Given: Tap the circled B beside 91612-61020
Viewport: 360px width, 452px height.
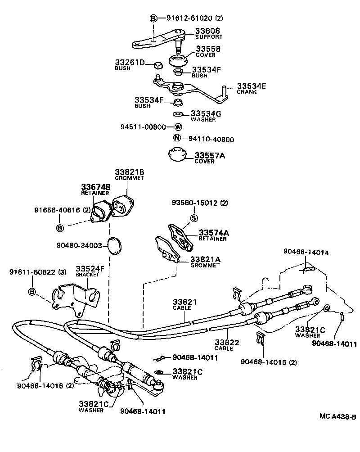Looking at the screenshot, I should pos(153,18).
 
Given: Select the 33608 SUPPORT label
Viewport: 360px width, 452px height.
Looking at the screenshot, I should pos(207,33).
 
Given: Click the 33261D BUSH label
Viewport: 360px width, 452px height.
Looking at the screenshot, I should pos(129,65).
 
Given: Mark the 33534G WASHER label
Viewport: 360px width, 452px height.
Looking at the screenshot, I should pos(206,116).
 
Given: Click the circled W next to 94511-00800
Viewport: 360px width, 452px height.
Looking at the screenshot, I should pos(178,127).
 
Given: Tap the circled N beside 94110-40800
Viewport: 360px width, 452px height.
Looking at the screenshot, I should pos(177,139).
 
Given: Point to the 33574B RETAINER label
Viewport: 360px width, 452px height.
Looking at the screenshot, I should pos(95,189).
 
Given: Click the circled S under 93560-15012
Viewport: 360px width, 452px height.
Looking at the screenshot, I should pos(194,218).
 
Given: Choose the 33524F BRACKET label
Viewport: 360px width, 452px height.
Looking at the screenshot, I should pos(90,271).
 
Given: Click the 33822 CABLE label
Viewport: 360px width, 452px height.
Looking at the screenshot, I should pos(227,344).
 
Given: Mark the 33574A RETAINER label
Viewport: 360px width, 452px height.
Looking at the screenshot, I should pos(214,235).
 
